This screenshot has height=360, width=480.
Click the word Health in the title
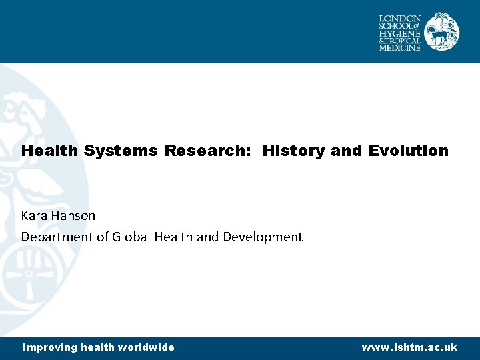51,151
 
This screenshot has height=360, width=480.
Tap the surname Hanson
76,216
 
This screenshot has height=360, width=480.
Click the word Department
54,237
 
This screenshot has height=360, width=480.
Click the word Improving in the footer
50,347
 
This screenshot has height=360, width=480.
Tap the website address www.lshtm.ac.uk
409,347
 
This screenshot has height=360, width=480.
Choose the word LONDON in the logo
400,18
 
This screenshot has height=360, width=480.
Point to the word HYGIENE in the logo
400,33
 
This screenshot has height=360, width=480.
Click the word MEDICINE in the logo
400,47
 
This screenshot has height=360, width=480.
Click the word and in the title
345,151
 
